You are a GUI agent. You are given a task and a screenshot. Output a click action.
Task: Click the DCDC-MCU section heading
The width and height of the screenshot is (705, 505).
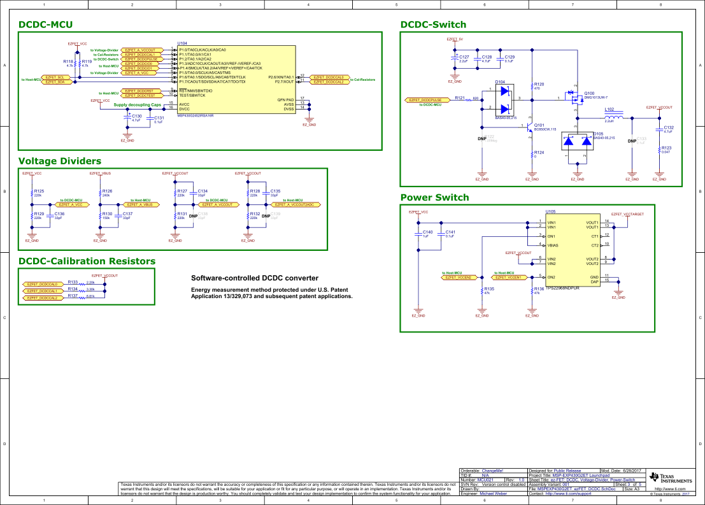(46, 25)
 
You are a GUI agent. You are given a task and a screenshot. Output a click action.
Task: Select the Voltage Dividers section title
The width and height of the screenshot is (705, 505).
(60, 161)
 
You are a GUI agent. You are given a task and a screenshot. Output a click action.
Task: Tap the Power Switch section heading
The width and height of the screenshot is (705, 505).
(434, 197)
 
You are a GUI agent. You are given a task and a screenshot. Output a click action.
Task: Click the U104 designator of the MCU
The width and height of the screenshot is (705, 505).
(182, 45)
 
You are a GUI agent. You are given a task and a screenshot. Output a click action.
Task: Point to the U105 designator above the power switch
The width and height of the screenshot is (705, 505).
(550, 211)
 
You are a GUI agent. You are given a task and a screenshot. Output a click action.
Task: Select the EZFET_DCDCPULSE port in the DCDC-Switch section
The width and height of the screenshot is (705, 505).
(426, 100)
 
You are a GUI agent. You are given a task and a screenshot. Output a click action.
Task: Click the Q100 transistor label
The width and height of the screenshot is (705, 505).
(589, 93)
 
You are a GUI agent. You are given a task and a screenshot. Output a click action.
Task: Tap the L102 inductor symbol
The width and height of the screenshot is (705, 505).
(613, 118)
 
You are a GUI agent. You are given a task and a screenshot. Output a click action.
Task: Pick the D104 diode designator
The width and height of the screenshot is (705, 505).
(500, 82)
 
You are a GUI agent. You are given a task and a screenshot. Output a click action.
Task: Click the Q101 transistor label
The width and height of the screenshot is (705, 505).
(539, 125)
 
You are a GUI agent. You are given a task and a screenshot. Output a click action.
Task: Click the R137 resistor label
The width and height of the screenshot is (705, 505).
(73, 296)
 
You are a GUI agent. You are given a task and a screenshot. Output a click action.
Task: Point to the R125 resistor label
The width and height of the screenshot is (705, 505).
(39, 191)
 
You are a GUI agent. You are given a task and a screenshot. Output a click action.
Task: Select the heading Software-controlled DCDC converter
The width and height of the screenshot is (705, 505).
(255, 278)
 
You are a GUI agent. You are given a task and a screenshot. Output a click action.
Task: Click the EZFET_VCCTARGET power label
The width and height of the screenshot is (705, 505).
(627, 215)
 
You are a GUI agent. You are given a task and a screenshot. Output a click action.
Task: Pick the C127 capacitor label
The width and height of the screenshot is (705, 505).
(464, 57)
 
